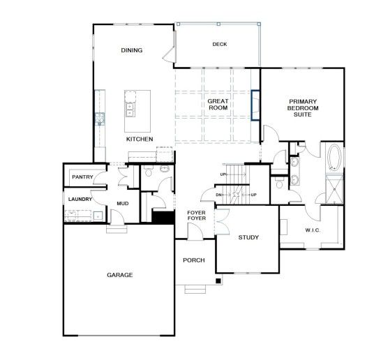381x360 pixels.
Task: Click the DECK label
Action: pyautogui.click(x=220, y=44)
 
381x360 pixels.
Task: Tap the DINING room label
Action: pyautogui.click(x=132, y=50)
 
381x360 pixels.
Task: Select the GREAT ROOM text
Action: pyautogui.click(x=218, y=105)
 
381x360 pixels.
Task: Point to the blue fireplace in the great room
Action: pyautogui.click(x=255, y=105)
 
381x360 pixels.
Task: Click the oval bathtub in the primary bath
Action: pyautogui.click(x=334, y=158)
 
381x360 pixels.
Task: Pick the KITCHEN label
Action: pyautogui.click(x=140, y=140)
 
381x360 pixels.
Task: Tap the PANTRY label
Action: pyautogui.click(x=82, y=177)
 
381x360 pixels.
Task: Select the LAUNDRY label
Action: pyautogui.click(x=80, y=200)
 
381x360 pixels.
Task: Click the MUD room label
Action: pyautogui.click(x=123, y=203)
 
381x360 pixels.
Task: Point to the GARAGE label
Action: pyautogui.click(x=120, y=275)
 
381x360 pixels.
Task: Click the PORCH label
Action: pyautogui.click(x=194, y=260)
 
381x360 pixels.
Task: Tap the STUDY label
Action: pyautogui.click(x=248, y=237)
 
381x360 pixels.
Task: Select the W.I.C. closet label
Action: pyautogui.click(x=313, y=230)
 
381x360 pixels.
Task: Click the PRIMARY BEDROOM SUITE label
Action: pyautogui.click(x=303, y=108)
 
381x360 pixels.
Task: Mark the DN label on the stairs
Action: pyautogui.click(x=218, y=195)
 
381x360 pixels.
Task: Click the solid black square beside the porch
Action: pyautogui.click(x=218, y=280)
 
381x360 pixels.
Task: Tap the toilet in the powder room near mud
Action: pyautogui.click(x=148, y=171)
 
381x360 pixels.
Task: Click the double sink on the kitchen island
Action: pyautogui.click(x=130, y=110)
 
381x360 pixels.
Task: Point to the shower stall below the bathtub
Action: pyautogui.click(x=334, y=189)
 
